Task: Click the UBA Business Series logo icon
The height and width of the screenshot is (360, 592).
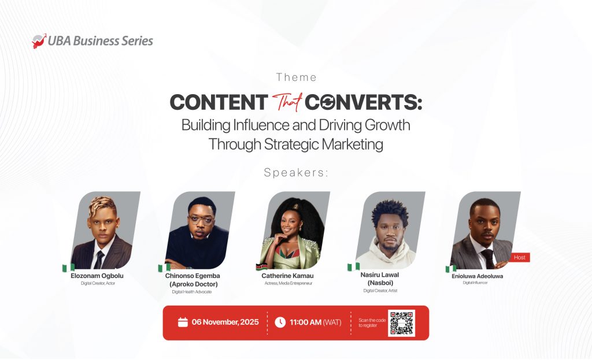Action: (39, 41)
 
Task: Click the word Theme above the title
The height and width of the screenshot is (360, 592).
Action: (297, 77)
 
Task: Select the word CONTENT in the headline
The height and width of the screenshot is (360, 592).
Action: (219, 103)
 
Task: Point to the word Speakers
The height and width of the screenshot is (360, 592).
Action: (296, 172)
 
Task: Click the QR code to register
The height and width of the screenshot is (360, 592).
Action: (402, 323)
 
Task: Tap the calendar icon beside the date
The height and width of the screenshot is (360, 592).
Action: (183, 322)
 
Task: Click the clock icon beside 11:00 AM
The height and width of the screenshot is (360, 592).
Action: (280, 322)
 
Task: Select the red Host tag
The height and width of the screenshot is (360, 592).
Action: (519, 257)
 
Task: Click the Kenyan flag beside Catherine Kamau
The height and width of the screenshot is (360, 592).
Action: (261, 266)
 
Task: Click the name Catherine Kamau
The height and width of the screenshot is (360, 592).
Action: (287, 276)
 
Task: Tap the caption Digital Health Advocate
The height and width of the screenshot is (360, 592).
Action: (193, 292)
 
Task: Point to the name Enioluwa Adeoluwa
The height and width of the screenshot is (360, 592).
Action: (477, 276)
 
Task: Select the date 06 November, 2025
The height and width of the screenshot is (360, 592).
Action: (225, 322)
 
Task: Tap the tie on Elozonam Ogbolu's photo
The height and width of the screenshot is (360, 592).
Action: (100, 258)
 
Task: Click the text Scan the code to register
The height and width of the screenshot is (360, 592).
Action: (370, 322)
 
